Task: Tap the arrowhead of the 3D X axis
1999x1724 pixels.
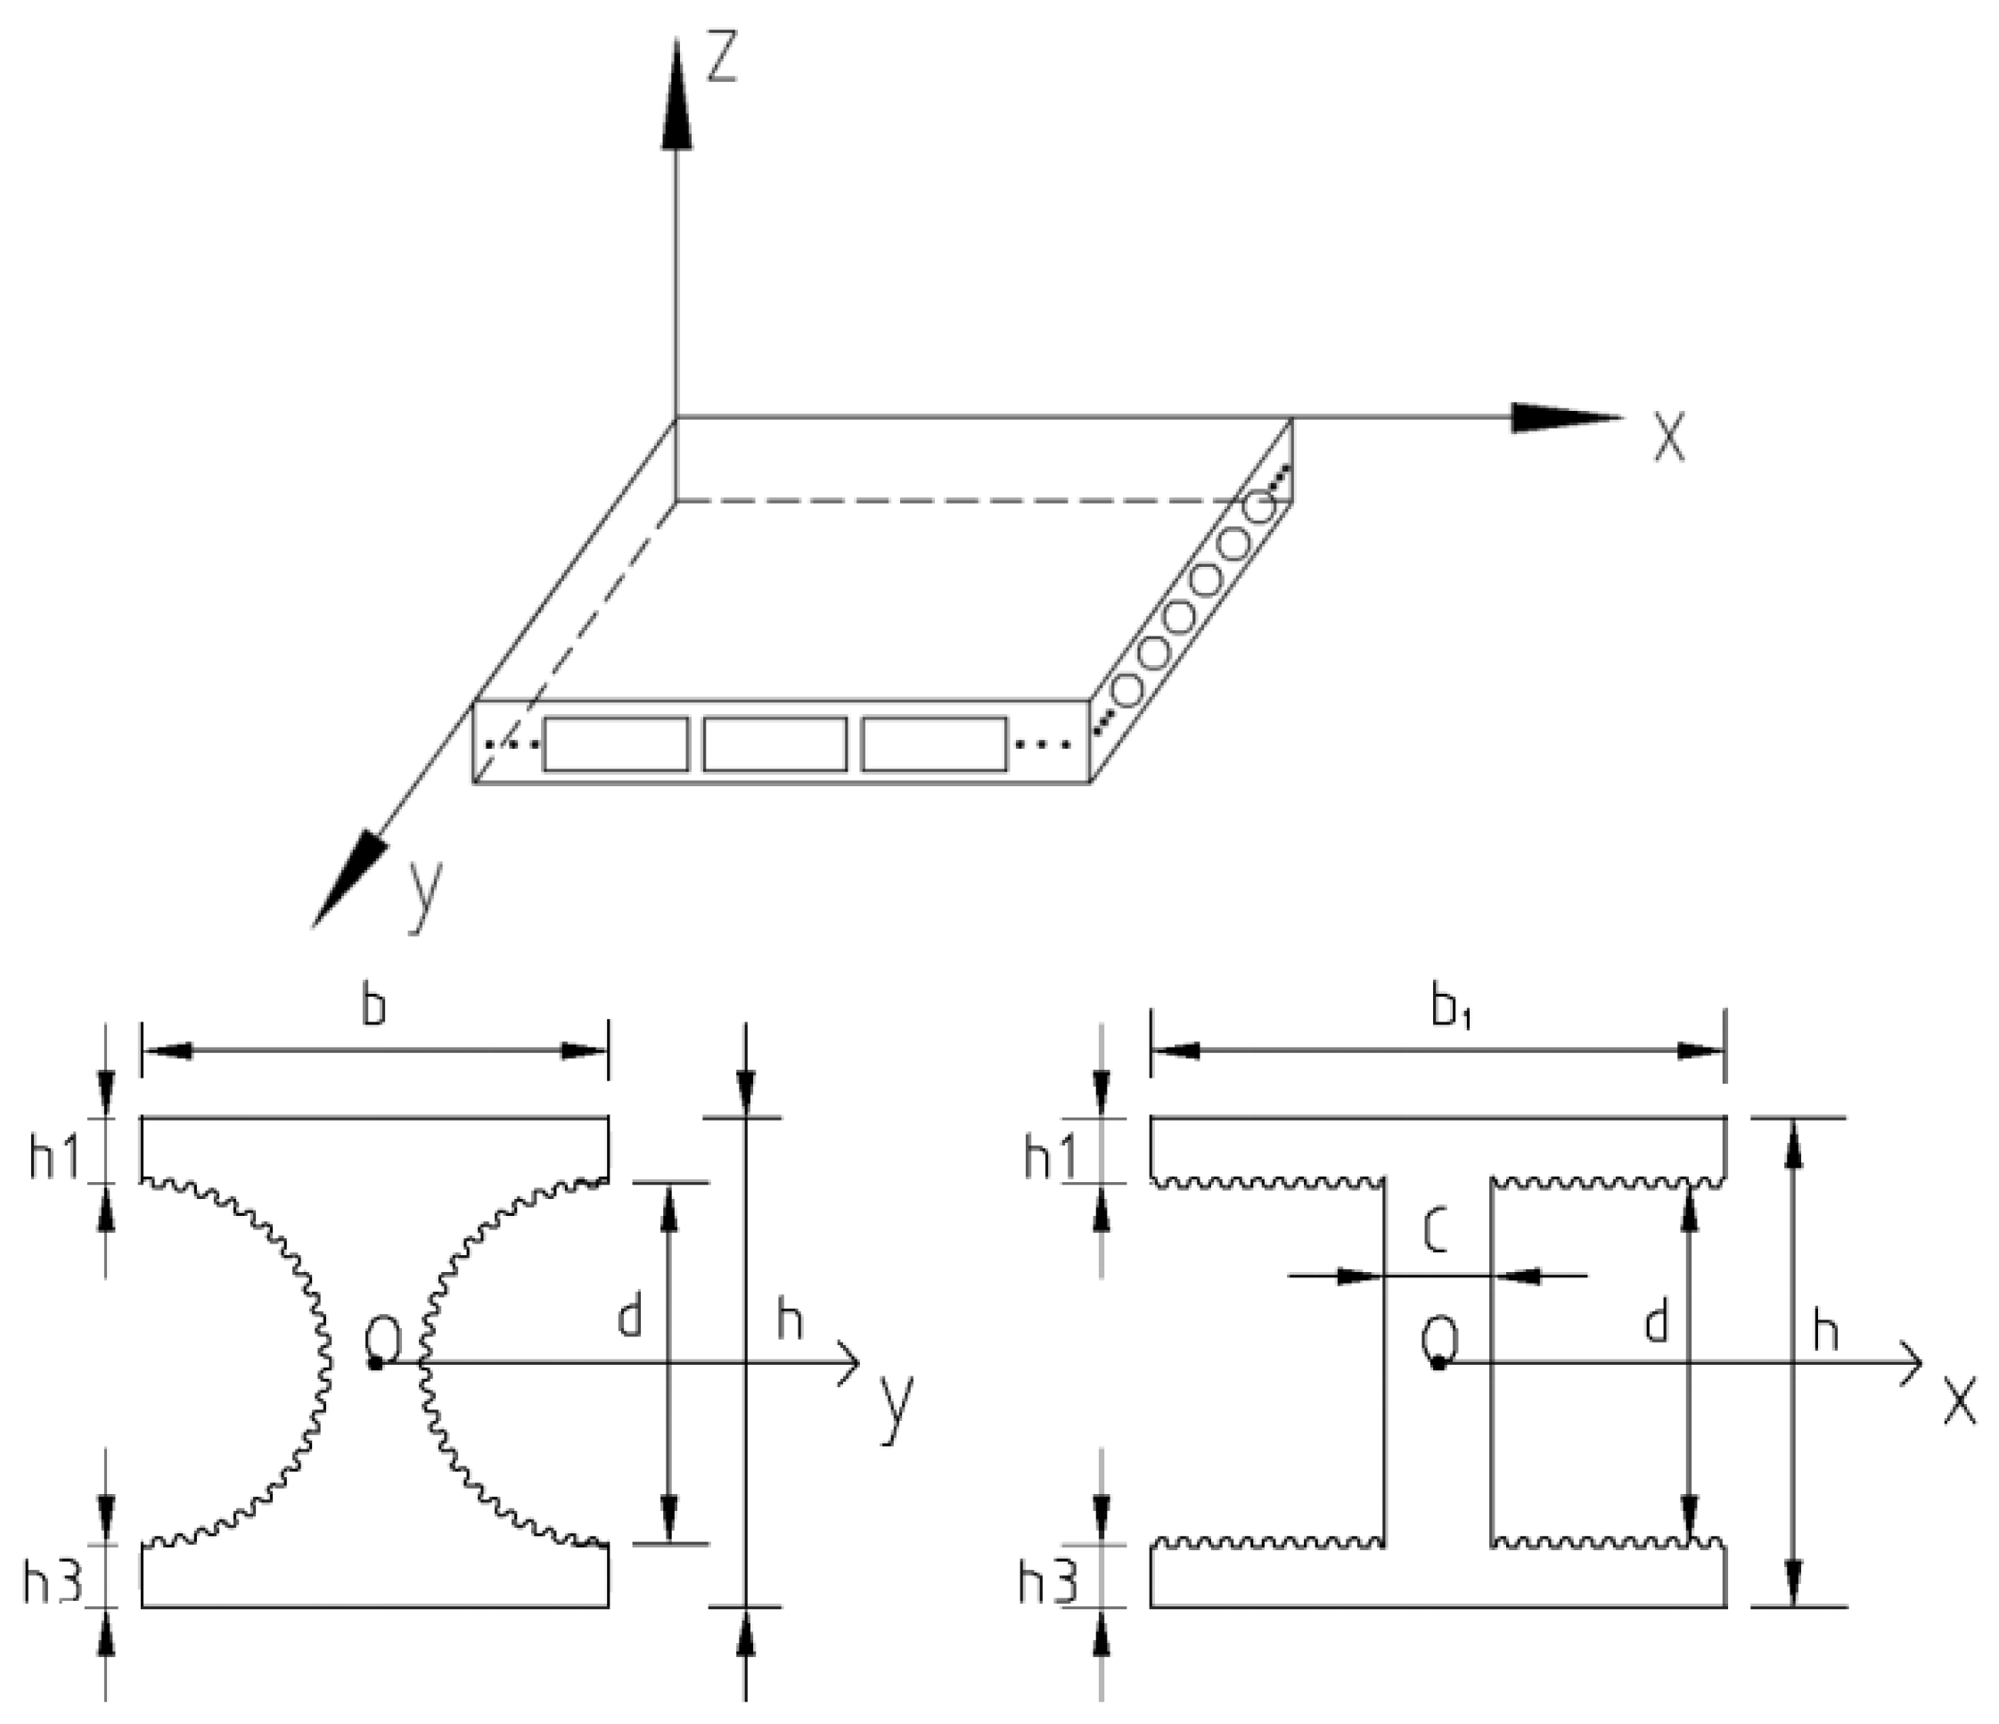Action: pyautogui.click(x=1563, y=418)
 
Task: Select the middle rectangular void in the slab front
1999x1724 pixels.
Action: pyautogui.click(x=774, y=743)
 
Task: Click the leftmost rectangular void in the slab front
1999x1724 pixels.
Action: pyautogui.click(x=616, y=743)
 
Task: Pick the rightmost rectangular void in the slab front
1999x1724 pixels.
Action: pyautogui.click(x=934, y=743)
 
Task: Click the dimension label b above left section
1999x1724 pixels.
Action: pyautogui.click(x=373, y=1006)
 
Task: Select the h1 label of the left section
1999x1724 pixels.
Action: pyautogui.click(x=54, y=1158)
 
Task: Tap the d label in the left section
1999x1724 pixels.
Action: pyautogui.click(x=629, y=1318)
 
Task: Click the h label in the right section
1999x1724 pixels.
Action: pyautogui.click(x=1825, y=1334)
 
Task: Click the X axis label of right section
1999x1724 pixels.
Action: pyautogui.click(x=1959, y=1405)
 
